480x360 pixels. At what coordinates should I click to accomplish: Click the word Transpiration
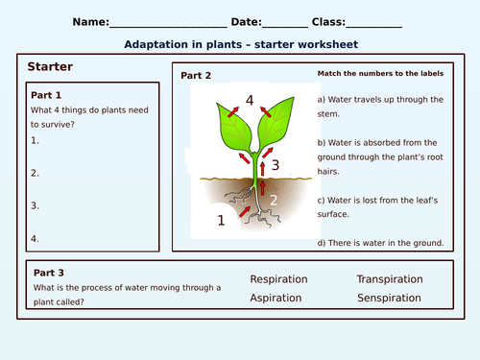tap(389, 279)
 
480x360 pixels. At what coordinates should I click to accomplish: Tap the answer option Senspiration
tap(390, 299)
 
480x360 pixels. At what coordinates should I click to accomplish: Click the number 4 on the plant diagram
tap(249, 99)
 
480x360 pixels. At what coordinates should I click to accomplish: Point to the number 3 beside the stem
tap(276, 165)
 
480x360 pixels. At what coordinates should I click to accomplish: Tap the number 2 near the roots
tap(273, 201)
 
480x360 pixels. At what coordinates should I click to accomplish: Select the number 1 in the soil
tap(222, 220)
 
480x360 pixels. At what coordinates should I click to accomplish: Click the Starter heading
tap(51, 66)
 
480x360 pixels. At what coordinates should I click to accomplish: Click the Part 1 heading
tap(46, 95)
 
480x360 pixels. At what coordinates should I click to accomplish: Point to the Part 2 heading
tap(196, 75)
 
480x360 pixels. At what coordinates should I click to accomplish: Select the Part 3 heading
tap(49, 272)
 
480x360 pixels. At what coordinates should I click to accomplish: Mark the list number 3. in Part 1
tap(35, 205)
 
